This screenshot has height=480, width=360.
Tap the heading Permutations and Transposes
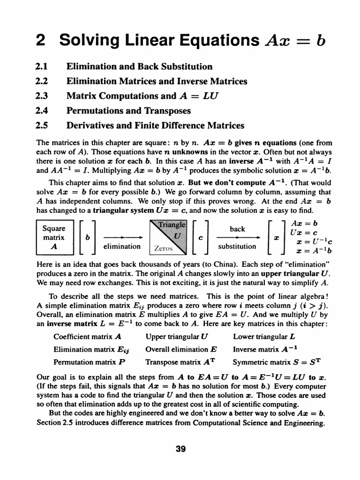click(129, 111)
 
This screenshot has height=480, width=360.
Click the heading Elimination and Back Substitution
click(139, 67)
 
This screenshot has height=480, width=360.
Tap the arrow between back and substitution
click(237, 237)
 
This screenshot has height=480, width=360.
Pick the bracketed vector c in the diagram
click(200, 237)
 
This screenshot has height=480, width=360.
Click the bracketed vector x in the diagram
click(276, 237)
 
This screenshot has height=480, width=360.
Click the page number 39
click(180, 449)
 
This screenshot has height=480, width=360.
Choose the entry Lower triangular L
click(263, 337)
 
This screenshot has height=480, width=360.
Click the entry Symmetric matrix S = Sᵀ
click(277, 362)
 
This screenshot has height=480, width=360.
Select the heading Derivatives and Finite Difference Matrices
click(155, 126)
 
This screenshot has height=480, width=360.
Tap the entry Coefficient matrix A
click(88, 337)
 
